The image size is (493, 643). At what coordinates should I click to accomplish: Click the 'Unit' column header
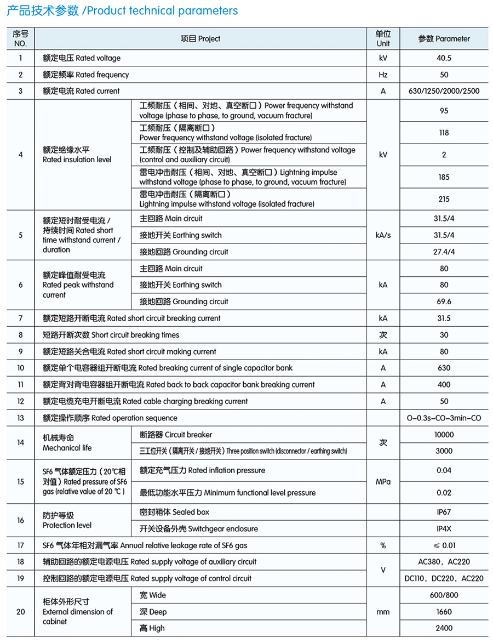click(383, 39)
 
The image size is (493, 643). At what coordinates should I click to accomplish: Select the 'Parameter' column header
click(444, 39)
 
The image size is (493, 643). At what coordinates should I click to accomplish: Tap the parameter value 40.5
click(444, 58)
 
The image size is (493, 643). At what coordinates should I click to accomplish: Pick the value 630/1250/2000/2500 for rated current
click(444, 91)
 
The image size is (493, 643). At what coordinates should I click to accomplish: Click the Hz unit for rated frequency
click(383, 75)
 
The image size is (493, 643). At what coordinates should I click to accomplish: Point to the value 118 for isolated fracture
click(444, 133)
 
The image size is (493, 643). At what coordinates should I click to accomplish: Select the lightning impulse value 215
click(444, 199)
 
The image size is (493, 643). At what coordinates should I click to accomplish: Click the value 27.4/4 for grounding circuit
click(444, 252)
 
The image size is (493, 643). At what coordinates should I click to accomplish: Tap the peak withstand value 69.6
click(444, 301)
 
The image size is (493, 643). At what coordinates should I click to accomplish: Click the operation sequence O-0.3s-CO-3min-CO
click(444, 418)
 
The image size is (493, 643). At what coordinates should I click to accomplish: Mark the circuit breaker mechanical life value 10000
click(444, 435)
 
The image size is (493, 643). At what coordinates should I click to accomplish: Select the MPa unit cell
click(383, 482)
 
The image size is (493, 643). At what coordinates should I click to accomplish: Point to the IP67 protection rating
click(444, 512)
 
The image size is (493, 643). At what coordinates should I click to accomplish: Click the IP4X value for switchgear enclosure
click(444, 529)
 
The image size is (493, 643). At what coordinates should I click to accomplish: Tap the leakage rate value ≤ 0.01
click(444, 545)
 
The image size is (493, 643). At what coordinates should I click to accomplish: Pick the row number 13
click(21, 418)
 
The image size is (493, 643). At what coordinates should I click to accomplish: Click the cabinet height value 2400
click(444, 628)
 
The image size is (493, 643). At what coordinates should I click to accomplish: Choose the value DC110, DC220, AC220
click(444, 578)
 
